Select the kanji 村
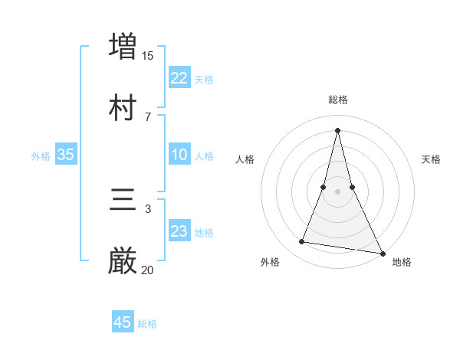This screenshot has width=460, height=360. coord(123,106)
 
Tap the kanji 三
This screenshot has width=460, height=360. coord(123,199)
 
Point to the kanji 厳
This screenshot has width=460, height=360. coord(123,260)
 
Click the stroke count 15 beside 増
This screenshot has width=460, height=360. coord(148,55)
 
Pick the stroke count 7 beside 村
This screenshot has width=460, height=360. coord(148,116)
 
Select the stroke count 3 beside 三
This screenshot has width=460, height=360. coord(148,208)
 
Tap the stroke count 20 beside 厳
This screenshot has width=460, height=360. coord(148,270)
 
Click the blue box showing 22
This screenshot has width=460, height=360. coord(179,77)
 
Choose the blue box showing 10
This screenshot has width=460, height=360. coord(179,155)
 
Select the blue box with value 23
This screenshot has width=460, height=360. coord(179,231)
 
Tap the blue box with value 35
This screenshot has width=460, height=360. coord(65,155)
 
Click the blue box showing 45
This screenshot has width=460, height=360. coord(123,322)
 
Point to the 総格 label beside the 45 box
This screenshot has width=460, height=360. coord(147,324)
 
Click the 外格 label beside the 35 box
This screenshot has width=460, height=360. coord(41,156)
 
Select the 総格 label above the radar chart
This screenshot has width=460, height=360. coord(338,100)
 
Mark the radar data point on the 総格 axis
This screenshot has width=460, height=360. coord(337,129)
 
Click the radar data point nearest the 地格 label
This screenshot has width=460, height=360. coord(383,253)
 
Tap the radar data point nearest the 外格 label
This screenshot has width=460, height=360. coord(301,242)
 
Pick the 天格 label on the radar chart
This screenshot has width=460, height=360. coord(432,159)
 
